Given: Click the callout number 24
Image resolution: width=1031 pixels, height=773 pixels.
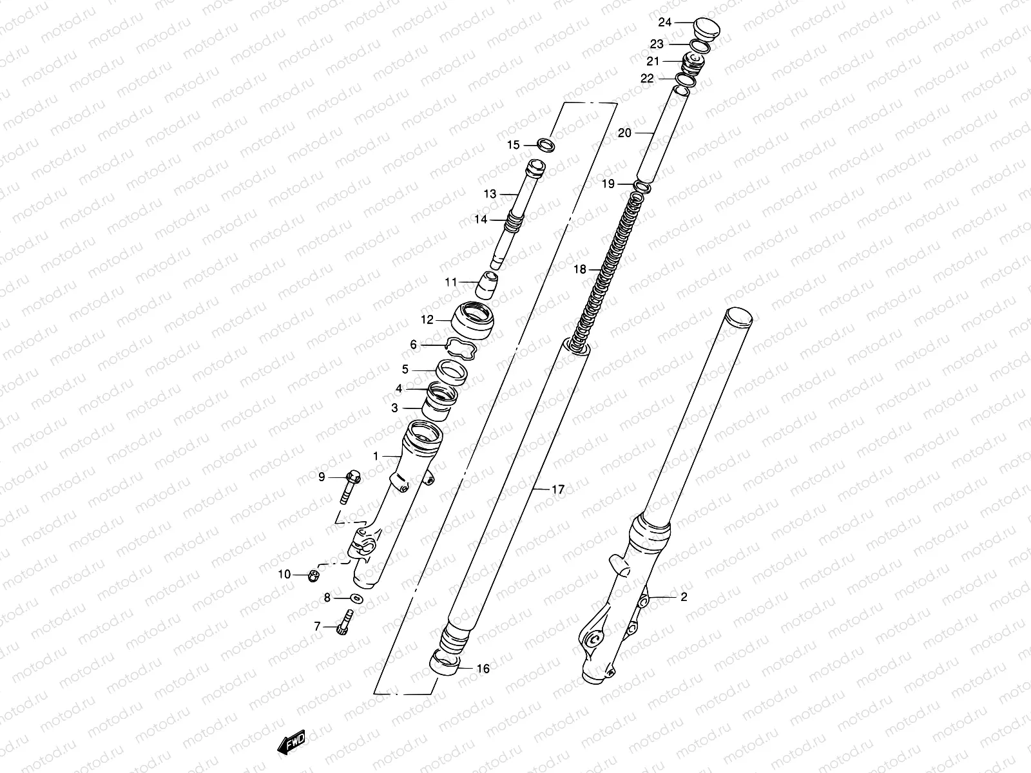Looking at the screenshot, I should (665, 23).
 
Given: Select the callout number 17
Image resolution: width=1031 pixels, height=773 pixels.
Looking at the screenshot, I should (558, 490).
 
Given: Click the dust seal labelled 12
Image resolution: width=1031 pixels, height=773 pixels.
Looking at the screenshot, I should (477, 320).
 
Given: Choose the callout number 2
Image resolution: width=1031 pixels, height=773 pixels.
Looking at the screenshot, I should (684, 597).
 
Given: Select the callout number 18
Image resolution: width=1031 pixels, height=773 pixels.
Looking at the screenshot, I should (580, 270).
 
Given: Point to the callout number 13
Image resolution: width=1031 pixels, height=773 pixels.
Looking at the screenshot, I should (491, 194).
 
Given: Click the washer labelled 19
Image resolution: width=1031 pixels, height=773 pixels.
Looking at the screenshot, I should (642, 187).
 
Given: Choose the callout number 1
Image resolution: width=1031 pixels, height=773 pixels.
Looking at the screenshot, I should (376, 456).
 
